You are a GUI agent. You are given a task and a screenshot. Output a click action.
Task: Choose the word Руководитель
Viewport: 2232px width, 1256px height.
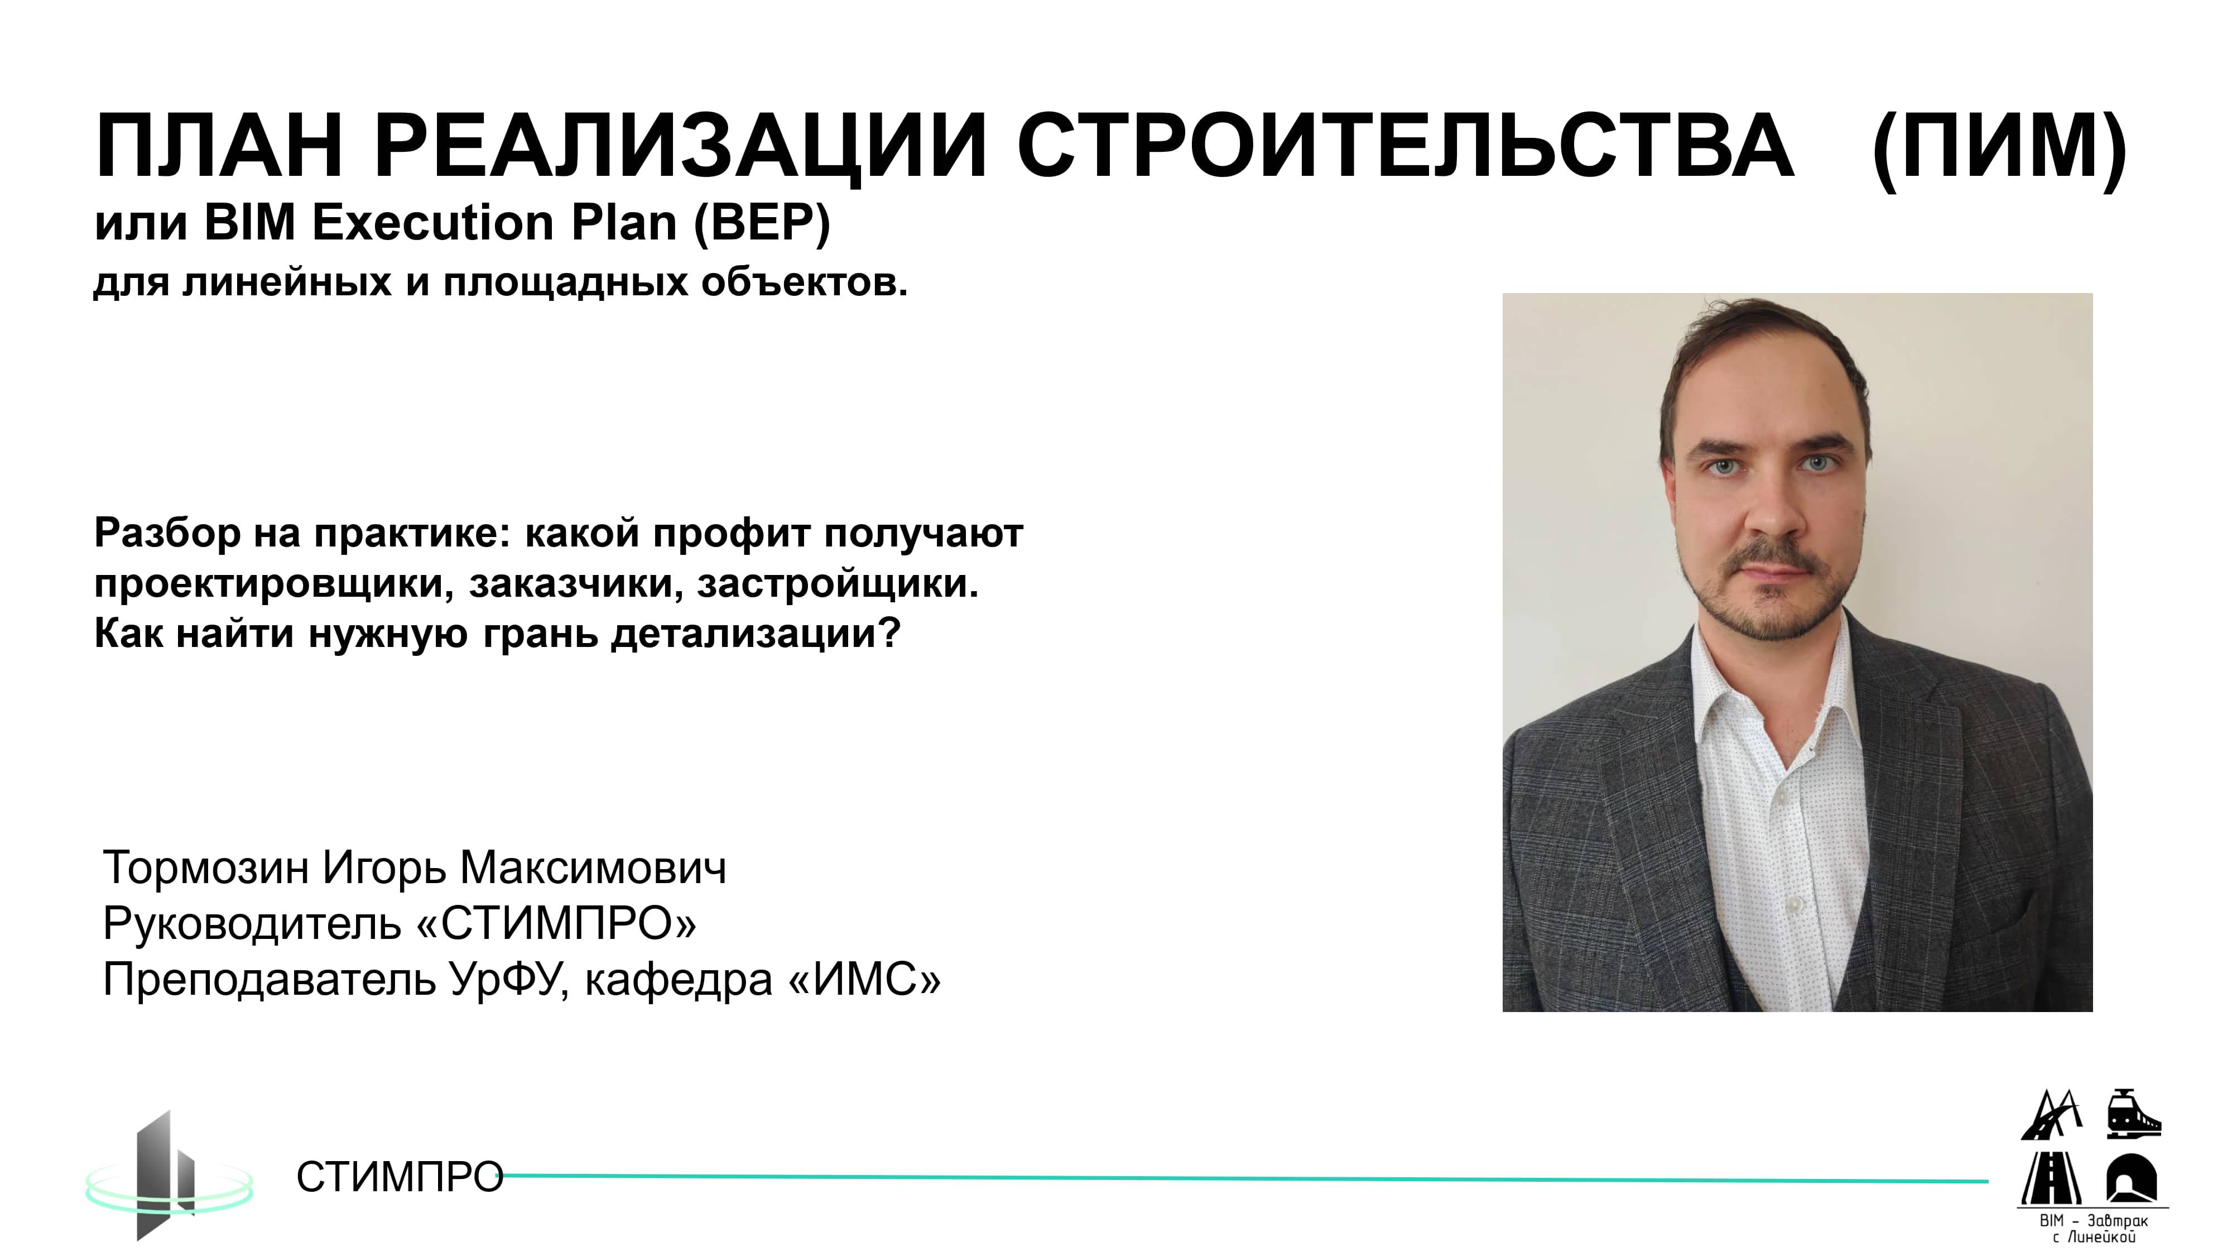[x=251, y=923]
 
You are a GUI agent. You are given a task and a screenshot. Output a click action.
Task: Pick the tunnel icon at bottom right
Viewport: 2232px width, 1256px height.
[x=2133, y=1177]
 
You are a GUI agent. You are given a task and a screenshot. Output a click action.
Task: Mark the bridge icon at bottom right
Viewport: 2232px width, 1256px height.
[x=2051, y=1115]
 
